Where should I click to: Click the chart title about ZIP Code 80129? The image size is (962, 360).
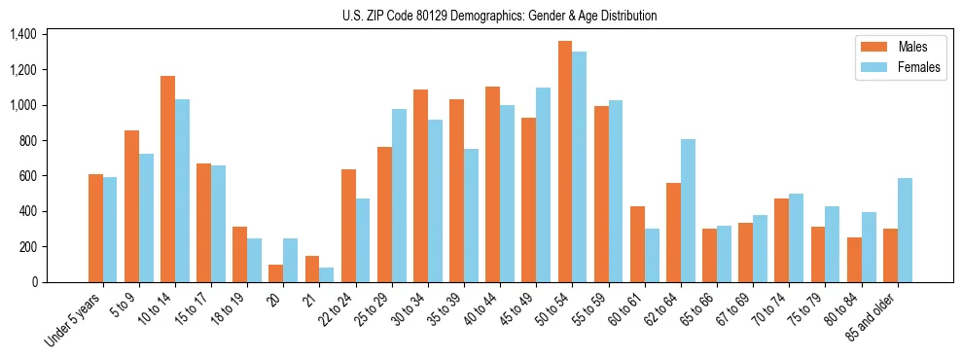[x=500, y=16]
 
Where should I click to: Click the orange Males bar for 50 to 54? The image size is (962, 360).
[x=565, y=162]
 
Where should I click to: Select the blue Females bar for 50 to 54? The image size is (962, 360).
[x=580, y=166]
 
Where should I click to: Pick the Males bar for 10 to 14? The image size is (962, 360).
[x=168, y=179]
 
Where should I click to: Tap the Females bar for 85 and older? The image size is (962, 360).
[x=905, y=231]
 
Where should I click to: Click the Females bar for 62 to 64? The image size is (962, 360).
[x=688, y=211]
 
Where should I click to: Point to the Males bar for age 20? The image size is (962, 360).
[x=276, y=273]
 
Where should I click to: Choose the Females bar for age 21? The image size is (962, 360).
[x=327, y=275]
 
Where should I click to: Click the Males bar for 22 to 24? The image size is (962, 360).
[x=348, y=226]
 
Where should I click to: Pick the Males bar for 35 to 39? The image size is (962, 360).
[x=456, y=191]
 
